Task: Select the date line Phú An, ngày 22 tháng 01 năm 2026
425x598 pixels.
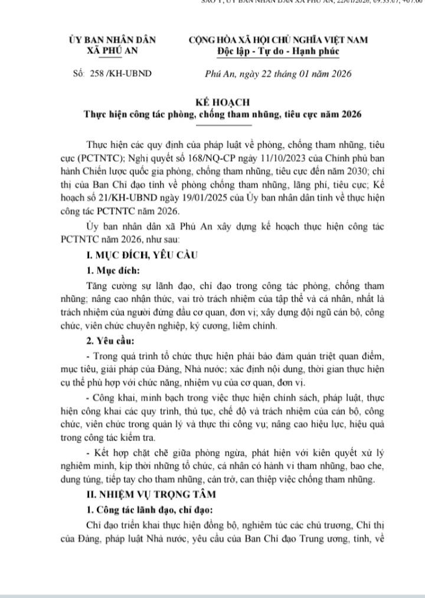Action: [277, 74]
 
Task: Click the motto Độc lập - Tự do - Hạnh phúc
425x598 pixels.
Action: [277, 51]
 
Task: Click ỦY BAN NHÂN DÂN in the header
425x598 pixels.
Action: [112, 40]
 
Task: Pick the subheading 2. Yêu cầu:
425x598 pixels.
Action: [110, 341]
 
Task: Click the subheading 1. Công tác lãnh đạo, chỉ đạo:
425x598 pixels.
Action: [152, 508]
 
